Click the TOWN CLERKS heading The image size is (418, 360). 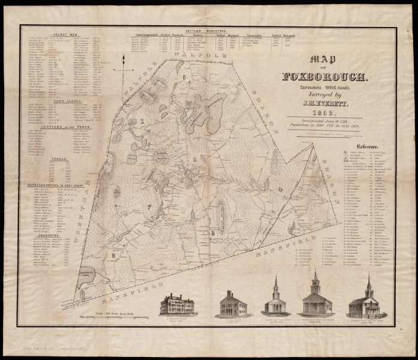pos(67,101)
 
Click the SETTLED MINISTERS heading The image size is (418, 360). pos(198,30)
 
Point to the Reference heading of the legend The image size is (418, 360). pos(367,147)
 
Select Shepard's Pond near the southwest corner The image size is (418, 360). pos(89,275)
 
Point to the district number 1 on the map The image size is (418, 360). pos(142,120)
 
